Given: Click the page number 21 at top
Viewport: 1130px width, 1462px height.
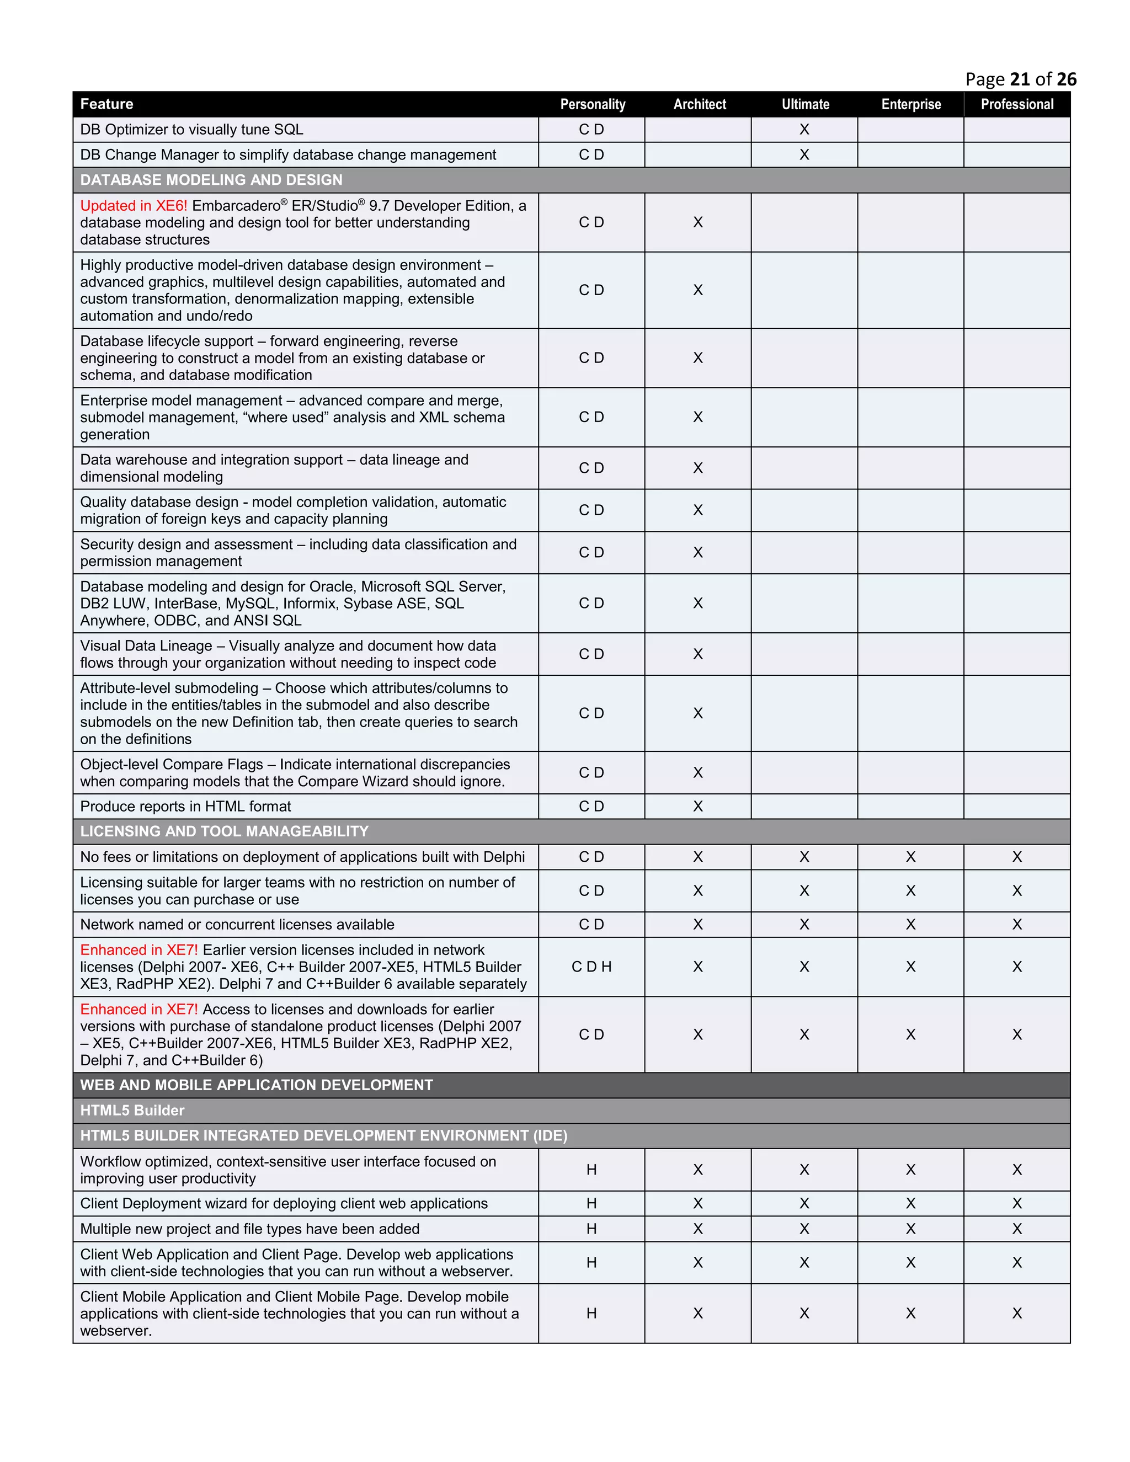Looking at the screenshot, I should (x=1020, y=79).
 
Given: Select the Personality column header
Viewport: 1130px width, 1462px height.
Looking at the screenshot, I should (x=593, y=104).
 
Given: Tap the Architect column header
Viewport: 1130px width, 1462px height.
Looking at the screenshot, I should (x=699, y=104).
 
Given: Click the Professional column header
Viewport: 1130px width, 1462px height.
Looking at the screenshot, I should (x=1017, y=104).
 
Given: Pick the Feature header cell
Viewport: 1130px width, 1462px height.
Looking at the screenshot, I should (x=106, y=104).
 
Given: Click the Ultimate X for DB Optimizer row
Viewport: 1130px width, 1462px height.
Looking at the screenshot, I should (x=804, y=130).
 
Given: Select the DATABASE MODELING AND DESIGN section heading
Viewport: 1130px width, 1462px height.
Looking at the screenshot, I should (x=211, y=180).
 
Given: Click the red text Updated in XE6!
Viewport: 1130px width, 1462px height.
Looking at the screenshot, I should (x=133, y=206).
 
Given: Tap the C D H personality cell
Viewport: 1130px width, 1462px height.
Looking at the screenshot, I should (x=592, y=967).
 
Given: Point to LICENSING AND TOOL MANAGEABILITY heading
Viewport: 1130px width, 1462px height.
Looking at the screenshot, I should (x=224, y=831).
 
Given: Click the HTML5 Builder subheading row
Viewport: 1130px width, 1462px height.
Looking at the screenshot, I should (x=132, y=1111).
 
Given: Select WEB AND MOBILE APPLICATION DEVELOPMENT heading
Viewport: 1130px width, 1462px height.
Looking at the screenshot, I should (x=257, y=1085).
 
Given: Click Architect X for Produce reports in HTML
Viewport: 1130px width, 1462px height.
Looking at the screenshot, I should (x=698, y=807).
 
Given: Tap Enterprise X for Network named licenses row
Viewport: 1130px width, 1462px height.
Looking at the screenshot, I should (x=910, y=925).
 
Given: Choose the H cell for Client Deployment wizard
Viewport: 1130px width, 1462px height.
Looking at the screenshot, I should (x=592, y=1204).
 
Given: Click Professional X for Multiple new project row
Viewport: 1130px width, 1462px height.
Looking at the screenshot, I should (x=1017, y=1229).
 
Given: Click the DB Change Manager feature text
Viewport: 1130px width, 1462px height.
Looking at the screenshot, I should (x=288, y=154).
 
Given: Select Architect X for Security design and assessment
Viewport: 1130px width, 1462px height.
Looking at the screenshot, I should (x=698, y=552).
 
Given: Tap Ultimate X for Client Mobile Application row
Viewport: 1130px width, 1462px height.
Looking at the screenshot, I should (x=804, y=1314).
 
